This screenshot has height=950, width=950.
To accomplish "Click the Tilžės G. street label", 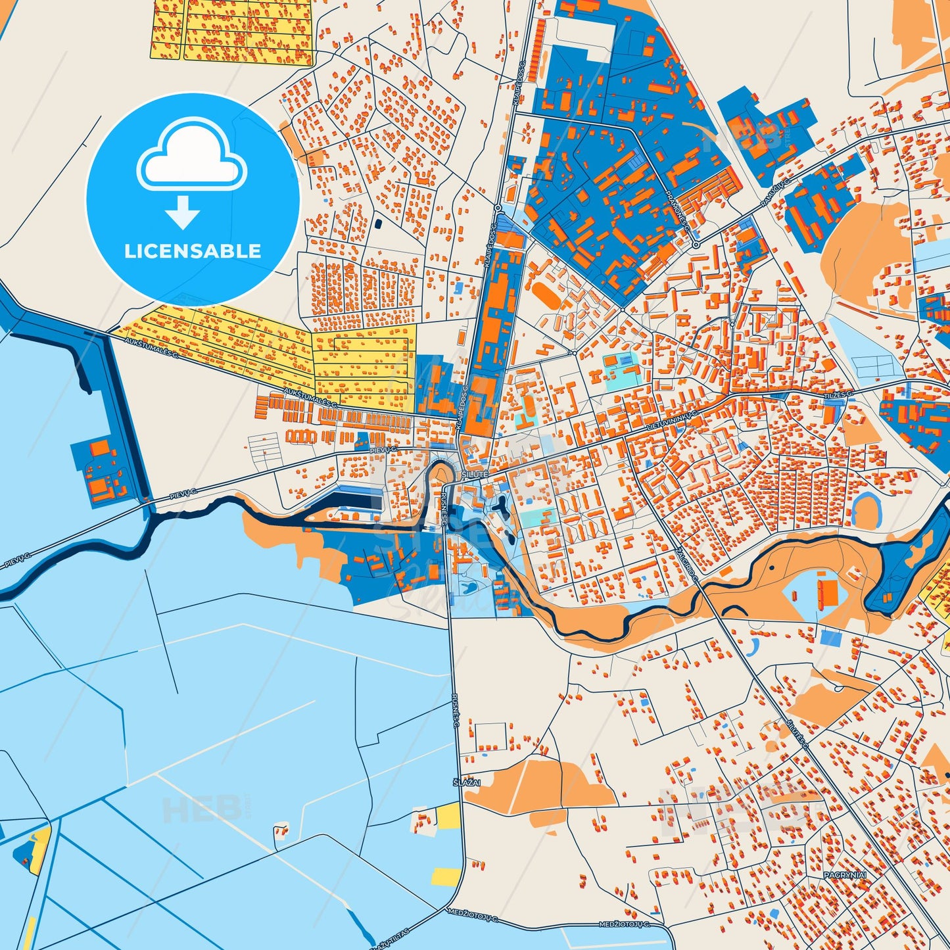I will click(x=838, y=393).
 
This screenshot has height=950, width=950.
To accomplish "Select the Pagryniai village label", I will click(x=845, y=875).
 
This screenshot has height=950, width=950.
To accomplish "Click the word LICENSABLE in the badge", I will click(x=193, y=250).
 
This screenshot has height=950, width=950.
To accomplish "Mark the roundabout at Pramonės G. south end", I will click(x=696, y=245).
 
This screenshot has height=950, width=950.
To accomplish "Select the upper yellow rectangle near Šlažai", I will click(x=448, y=816).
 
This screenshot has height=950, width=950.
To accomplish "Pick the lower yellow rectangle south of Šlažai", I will click(x=446, y=875).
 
